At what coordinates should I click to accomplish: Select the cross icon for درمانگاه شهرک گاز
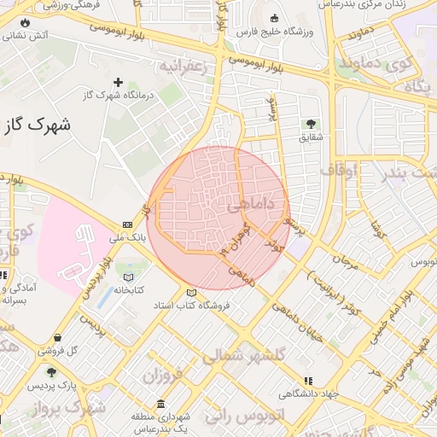[x=118, y=83]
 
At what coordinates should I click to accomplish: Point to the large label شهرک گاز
[x=36, y=125]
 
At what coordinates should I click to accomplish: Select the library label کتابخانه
[x=130, y=290]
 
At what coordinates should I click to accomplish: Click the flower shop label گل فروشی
[x=61, y=351]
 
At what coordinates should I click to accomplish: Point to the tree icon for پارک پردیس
[x=52, y=373]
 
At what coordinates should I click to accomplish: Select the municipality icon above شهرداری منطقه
[x=160, y=403]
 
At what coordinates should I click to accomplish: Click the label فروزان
[x=164, y=376]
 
